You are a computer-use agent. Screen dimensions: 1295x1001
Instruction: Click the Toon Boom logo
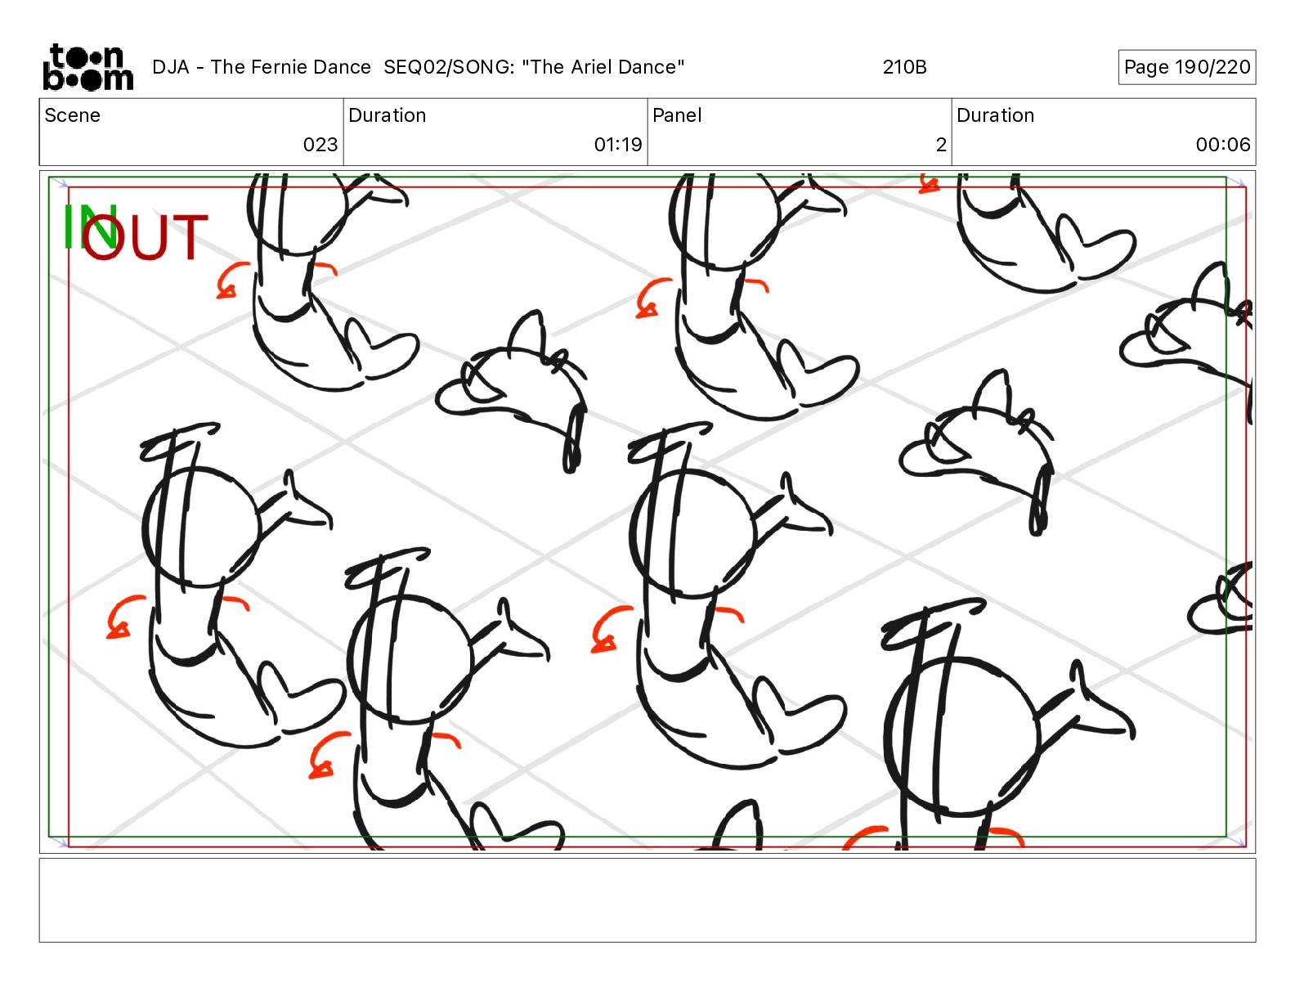tap(88, 67)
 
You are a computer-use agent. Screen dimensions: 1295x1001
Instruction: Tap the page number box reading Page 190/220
tap(1186, 67)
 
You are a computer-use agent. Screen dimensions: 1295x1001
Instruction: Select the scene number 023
tap(320, 145)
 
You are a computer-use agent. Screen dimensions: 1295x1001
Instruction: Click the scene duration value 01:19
tap(618, 145)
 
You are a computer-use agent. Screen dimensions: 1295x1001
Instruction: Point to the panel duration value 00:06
tap(1223, 145)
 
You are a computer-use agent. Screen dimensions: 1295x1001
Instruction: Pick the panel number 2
tap(941, 145)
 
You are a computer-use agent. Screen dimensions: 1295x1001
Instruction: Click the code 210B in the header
tap(905, 67)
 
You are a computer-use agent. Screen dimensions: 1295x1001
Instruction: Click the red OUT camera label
tap(145, 237)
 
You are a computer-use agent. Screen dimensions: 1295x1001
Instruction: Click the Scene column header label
tap(72, 115)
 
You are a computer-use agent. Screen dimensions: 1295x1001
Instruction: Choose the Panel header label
tap(677, 115)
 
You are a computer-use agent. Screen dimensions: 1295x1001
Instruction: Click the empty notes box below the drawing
tap(647, 900)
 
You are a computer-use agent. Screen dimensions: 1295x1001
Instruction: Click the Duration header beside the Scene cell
tap(388, 115)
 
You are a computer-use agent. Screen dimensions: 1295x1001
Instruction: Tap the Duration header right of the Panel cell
tap(995, 115)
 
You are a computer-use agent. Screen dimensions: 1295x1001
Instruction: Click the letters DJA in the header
tap(170, 67)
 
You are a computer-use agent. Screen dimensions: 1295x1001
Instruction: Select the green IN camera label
tap(89, 227)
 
